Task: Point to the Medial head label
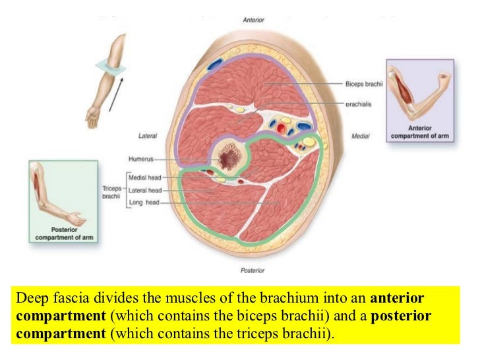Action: (146, 177)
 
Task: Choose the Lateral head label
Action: (146, 190)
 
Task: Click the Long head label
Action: (143, 202)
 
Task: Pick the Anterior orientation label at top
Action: (254, 20)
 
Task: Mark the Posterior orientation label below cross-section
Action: (253, 270)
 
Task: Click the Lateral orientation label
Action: (147, 136)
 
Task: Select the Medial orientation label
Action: (360, 136)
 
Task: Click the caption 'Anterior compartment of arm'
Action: (419, 132)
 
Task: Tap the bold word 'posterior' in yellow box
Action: (402, 316)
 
